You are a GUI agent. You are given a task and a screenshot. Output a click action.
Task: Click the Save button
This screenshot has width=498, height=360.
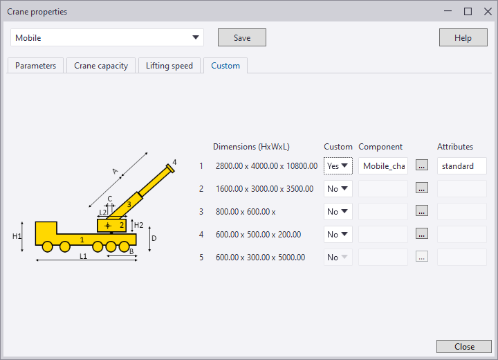pos(241,37)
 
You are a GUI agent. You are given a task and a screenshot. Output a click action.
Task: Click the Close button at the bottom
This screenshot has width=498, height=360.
pos(464,346)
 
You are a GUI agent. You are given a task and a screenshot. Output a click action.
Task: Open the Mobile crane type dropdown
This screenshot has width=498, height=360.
pos(107,37)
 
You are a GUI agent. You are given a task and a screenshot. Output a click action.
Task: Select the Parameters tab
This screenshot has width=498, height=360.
pos(35,66)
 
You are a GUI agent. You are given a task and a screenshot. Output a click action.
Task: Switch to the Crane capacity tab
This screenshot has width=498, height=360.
pos(101,66)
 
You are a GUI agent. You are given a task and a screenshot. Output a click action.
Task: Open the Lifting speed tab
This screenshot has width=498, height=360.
pos(170,66)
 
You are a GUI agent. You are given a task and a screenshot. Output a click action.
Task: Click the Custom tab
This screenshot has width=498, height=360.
pos(225,66)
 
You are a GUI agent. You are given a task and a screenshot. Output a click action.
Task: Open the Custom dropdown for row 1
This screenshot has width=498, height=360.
pos(338,166)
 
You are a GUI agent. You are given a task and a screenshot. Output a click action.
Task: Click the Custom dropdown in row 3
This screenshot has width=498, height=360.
pos(338,211)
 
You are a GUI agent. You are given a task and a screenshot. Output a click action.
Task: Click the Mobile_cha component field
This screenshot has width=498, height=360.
pos(383,166)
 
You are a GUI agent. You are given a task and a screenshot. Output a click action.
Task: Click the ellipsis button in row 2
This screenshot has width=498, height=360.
pos(423,188)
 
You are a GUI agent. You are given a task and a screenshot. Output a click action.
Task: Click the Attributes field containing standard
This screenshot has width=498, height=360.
pos(461,166)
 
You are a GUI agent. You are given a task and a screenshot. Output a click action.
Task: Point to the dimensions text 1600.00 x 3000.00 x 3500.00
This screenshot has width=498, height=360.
pos(265,188)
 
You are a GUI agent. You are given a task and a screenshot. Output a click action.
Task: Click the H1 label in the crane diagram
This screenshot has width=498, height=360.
pos(17,236)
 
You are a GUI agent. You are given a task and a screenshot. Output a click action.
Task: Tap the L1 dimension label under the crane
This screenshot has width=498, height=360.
pos(83,256)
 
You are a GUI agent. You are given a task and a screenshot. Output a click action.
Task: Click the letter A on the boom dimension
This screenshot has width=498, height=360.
pos(114,170)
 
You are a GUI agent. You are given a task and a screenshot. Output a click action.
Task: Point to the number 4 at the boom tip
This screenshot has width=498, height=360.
pos(174,163)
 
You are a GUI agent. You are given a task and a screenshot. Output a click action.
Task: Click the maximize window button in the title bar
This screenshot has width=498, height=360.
pos(468,11)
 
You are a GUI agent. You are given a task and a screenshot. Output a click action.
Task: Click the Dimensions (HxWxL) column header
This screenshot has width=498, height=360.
pos(251,147)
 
